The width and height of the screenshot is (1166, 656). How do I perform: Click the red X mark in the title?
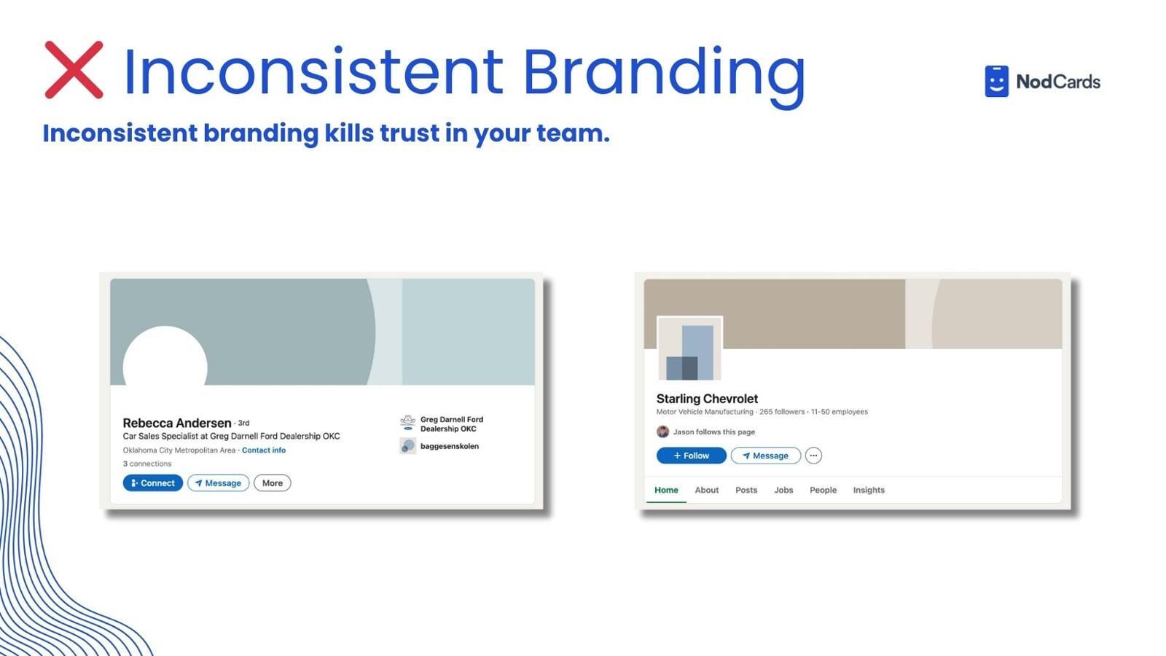coord(74,70)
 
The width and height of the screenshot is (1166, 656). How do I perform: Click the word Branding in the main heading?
coord(664,77)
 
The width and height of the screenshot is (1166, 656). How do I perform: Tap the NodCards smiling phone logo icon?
coord(996,81)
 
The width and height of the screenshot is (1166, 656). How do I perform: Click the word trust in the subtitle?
coord(409,133)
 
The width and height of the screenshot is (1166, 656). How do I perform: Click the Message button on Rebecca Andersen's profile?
coord(218,483)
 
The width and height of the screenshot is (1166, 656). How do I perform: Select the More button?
coord(273,483)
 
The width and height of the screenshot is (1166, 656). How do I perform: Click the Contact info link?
coord(264,450)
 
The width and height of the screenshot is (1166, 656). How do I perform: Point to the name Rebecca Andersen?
coord(177,423)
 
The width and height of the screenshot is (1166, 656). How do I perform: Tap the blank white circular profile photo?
coord(165,359)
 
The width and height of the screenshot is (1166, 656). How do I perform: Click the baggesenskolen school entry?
coord(439,446)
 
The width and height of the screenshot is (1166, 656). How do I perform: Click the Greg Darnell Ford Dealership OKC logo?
coord(407,422)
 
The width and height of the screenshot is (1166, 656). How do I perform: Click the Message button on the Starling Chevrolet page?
coord(766,456)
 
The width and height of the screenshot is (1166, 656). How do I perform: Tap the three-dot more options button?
coord(813,456)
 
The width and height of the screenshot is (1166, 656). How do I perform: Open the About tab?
coord(706,490)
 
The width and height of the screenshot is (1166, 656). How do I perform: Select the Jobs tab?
coord(783,490)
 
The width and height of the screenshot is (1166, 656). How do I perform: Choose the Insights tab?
coord(869,490)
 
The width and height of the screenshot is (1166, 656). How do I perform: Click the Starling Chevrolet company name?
coord(707,399)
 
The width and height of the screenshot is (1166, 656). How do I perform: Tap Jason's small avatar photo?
coord(662,432)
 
